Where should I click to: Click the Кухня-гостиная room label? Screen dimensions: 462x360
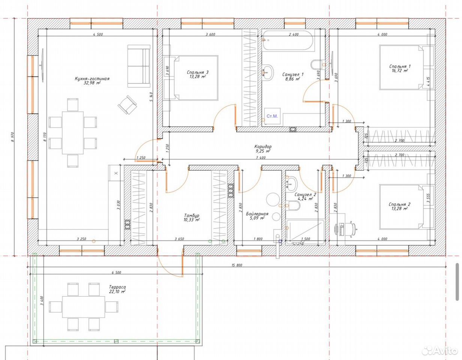tap(92, 79)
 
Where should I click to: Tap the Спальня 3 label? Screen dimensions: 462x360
tap(198, 72)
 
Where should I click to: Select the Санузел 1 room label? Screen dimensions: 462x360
tap(293, 74)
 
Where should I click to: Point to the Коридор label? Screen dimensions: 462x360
tap(263, 146)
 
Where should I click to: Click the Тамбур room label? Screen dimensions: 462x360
tap(192, 216)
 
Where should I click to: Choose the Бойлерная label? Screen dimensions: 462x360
tap(257, 214)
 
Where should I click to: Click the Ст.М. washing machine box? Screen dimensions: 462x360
tap(272, 117)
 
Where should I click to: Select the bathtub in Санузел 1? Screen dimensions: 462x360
tap(288, 40)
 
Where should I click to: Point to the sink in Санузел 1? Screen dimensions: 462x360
tap(267, 72)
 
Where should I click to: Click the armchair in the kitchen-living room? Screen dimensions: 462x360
tap(127, 105)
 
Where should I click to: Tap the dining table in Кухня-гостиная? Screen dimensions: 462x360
tap(73, 133)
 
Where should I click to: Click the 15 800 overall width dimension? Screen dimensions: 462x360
tap(237, 265)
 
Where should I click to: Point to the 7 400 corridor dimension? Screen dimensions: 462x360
tap(261, 157)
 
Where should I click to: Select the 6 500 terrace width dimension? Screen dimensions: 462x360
tap(116, 272)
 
